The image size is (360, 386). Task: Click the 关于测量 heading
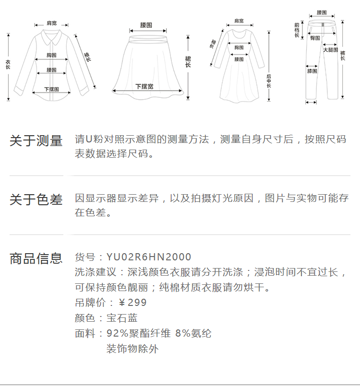click(36, 141)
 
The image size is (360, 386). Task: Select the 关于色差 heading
click(36, 199)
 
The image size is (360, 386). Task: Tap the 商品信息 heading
click(36, 258)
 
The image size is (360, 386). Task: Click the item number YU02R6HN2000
click(149, 257)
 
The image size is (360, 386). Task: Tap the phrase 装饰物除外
click(132, 349)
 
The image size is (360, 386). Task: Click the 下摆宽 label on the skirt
click(144, 87)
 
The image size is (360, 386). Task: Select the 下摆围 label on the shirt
click(51, 89)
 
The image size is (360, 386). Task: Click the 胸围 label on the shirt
click(52, 55)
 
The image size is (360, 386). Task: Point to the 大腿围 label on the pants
click(330, 50)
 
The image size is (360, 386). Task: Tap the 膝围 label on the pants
click(312, 71)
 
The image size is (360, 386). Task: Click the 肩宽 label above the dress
click(239, 21)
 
